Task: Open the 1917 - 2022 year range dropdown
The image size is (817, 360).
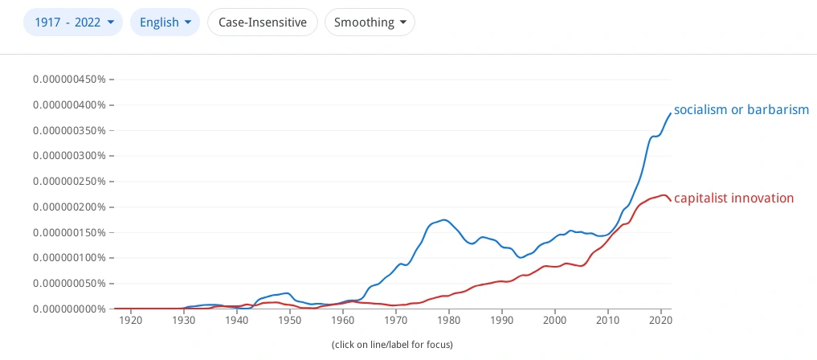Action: point(73,22)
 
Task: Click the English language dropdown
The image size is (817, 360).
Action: point(165,22)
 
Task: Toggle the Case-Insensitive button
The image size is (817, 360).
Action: point(263,22)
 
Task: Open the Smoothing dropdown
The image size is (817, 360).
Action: point(370,22)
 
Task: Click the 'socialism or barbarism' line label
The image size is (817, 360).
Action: point(741,110)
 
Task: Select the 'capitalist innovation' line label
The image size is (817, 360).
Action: point(733,198)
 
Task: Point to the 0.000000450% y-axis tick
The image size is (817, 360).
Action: point(71,80)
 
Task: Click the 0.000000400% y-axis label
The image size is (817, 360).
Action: point(71,105)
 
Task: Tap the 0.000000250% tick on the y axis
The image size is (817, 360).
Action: point(71,182)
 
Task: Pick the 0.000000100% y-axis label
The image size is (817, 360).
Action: point(71,258)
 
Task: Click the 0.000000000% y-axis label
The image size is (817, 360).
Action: point(71,309)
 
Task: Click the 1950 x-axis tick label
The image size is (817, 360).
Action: point(290,321)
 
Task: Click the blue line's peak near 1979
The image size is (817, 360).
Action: point(443,219)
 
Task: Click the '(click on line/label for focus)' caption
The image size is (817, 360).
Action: point(392,345)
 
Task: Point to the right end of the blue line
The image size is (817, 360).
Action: point(671,113)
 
